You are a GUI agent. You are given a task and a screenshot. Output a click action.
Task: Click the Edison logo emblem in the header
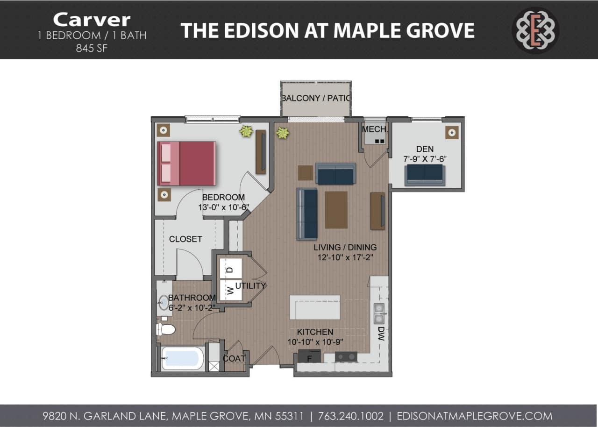[535, 30]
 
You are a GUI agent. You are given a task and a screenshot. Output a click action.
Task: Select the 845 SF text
[92, 48]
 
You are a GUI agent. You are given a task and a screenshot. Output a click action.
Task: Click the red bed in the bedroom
[187, 163]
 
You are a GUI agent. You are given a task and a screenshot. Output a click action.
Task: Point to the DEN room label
[425, 149]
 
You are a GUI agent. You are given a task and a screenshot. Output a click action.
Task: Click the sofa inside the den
[425, 174]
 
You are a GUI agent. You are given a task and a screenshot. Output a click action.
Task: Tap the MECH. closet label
[374, 129]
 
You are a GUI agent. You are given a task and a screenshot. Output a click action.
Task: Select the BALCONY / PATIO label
[316, 99]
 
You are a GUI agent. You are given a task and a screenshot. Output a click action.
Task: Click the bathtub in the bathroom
[182, 358]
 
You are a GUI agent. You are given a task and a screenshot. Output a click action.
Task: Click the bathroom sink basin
[164, 303]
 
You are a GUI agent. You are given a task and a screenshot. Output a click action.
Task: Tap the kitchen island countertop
[314, 307]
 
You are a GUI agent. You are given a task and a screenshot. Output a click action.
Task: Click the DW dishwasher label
[381, 333]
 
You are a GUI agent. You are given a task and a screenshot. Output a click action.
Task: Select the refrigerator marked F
[309, 358]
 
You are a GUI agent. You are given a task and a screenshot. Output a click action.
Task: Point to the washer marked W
[230, 291]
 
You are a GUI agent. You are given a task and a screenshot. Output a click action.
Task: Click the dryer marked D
[230, 269]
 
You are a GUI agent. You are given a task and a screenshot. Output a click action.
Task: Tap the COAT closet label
[234, 358]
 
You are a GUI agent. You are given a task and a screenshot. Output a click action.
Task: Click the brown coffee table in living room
[336, 210]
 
